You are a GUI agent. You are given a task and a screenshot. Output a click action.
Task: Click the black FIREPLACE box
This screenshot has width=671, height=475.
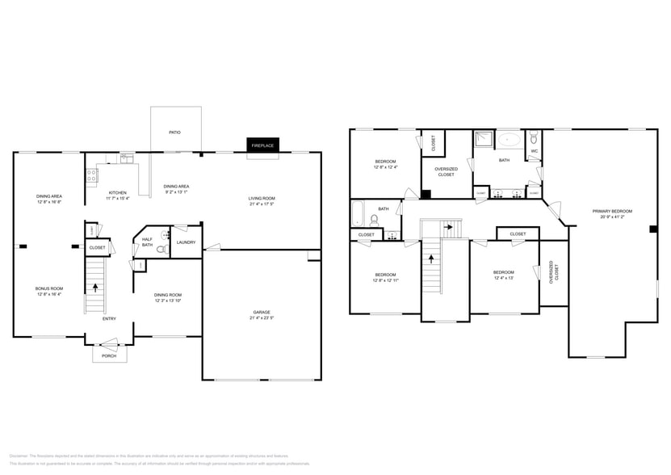click(262, 145)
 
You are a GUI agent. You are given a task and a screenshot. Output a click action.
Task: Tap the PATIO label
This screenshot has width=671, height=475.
click(174, 131)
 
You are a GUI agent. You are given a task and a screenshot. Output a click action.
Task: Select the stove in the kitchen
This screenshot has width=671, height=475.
click(91, 174)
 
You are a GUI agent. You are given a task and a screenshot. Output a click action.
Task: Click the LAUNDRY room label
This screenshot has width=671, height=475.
click(186, 242)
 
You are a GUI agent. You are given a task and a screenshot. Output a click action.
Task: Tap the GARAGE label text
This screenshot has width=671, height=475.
click(262, 312)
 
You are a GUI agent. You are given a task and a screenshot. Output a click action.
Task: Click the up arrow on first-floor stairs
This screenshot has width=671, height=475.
click(96, 286)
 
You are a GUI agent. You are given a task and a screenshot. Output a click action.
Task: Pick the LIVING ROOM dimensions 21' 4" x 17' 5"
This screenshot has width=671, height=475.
click(262, 204)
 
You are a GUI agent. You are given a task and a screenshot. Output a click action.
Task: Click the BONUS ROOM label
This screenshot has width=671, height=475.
click(48, 288)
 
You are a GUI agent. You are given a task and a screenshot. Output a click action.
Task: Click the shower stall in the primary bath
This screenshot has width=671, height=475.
click(483, 138)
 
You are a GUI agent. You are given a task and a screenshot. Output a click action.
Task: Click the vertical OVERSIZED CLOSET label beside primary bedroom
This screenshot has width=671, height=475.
click(553, 271)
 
